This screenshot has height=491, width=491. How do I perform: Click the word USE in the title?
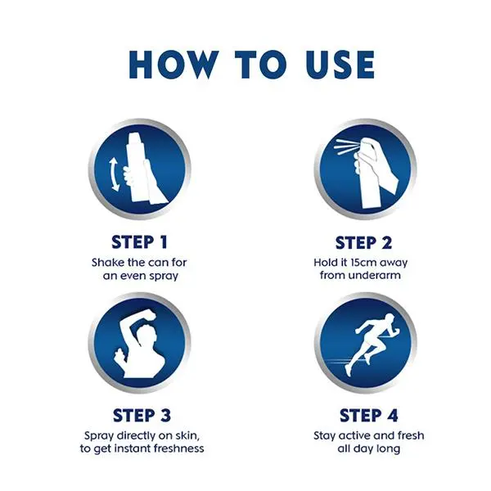340,64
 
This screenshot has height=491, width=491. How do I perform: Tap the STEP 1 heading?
140,242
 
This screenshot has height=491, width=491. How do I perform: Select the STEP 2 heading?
363,243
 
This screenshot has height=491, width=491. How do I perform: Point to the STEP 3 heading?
142,416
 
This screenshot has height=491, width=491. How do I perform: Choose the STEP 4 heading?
368,416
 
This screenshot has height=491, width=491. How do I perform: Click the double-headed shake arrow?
114,174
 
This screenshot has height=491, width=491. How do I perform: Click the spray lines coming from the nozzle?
346,147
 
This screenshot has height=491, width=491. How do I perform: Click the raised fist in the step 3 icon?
148,318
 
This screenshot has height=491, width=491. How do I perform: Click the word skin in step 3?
187,435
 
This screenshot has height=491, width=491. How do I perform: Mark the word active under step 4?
355,435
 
